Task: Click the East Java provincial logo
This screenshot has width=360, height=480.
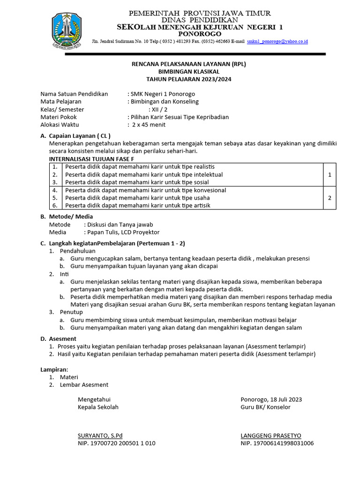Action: click(x=69, y=31)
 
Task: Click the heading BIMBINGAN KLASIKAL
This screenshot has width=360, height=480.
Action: click(x=182, y=71)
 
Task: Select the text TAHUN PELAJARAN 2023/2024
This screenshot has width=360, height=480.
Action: click(x=182, y=79)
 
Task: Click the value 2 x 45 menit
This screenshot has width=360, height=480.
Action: click(x=148, y=125)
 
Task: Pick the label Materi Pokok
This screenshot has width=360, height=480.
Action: click(x=59, y=117)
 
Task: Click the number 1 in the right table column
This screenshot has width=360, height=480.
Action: click(x=330, y=174)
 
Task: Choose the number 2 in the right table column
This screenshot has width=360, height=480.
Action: click(x=330, y=198)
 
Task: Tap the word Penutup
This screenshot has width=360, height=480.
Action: click(x=71, y=312)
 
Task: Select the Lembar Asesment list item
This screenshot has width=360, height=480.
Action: click(x=84, y=385)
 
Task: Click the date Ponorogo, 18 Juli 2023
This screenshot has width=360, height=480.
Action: click(x=271, y=399)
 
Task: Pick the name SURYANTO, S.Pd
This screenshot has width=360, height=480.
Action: click(x=100, y=435)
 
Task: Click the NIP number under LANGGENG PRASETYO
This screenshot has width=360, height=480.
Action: click(x=277, y=443)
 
